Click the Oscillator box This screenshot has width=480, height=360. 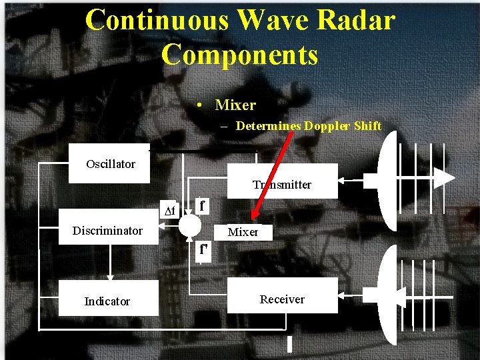(110, 164)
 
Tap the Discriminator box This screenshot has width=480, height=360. (107, 231)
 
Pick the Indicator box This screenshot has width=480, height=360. (107, 301)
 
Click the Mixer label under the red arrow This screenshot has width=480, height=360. (243, 232)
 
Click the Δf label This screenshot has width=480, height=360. (170, 211)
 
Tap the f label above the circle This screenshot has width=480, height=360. (202, 205)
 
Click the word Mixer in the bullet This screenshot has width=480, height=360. (235, 105)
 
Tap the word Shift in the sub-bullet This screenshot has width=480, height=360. (367, 125)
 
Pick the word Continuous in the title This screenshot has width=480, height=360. (158, 20)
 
